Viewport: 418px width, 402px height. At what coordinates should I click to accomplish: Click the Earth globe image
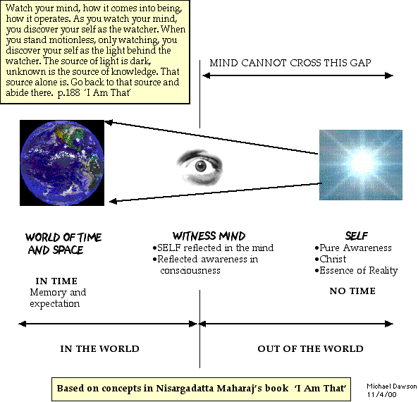(62, 163)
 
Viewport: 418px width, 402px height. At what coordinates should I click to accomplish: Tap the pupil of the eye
(200, 166)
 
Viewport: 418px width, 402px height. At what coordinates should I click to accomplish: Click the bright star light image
(361, 165)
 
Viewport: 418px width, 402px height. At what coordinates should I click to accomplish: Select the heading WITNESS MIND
(209, 236)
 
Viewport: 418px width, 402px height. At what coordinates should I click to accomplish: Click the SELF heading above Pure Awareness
(357, 236)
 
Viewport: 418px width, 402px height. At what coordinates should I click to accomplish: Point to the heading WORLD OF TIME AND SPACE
(63, 243)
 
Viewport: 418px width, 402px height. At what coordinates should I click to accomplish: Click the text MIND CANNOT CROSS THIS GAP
(290, 63)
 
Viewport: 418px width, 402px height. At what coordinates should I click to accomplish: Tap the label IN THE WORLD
(99, 348)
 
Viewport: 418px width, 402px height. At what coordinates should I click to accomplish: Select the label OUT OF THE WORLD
(310, 348)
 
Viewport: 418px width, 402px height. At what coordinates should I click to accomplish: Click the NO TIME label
(352, 291)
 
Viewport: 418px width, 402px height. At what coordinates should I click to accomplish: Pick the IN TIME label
(56, 281)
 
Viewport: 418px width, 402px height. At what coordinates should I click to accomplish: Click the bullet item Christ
(331, 259)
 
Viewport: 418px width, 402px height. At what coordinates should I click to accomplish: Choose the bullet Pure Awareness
(353, 248)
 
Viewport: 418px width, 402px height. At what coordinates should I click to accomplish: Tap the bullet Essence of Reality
(357, 271)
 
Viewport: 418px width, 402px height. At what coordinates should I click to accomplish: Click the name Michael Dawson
(392, 386)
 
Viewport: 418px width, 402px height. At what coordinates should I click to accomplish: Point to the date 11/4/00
(381, 394)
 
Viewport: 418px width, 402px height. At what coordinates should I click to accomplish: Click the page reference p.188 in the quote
(69, 93)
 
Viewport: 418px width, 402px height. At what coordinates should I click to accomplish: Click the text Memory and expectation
(58, 298)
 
